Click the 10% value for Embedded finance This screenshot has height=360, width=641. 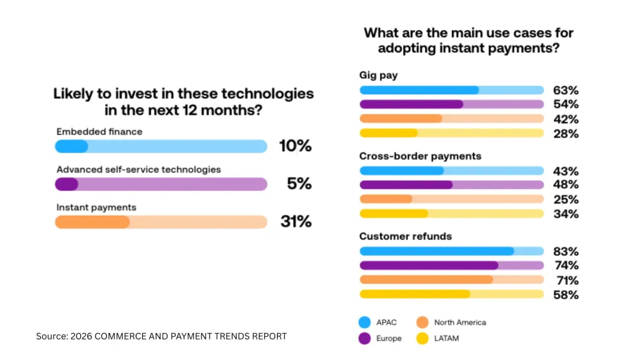pos(295,146)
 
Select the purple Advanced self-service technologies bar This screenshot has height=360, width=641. pos(161,184)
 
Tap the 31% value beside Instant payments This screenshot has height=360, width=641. pos(296,222)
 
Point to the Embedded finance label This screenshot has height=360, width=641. pos(99,131)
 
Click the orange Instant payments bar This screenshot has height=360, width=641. pos(161,222)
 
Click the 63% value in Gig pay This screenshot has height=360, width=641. pos(565,90)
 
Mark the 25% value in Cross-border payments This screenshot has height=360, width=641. pos(565,199)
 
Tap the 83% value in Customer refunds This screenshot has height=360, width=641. pos(565,251)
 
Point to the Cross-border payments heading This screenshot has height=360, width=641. pos(420,156)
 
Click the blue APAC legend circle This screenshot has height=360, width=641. pos(367,322)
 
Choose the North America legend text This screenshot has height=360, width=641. pos(460,322)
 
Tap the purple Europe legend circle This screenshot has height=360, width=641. pos(367,338)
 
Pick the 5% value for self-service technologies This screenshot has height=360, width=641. pos(299,184)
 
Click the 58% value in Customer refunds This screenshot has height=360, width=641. pos(565,295)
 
